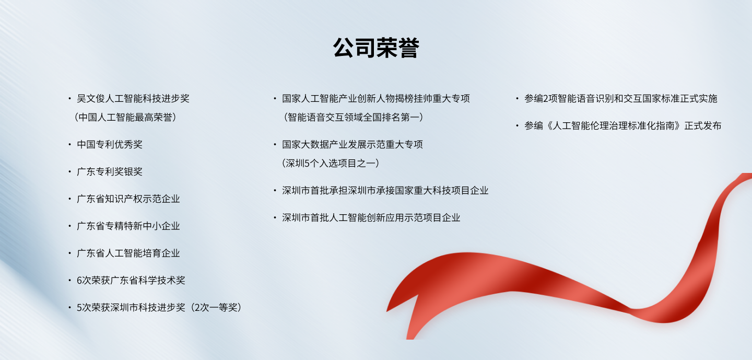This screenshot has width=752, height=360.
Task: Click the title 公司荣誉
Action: [376, 48]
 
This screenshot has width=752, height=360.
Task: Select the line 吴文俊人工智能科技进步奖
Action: [133, 98]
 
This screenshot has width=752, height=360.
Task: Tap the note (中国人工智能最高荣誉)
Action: [125, 117]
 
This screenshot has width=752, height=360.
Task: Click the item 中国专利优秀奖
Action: [110, 144]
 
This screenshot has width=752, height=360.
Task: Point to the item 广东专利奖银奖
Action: [110, 171]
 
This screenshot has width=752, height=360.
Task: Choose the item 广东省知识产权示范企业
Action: [128, 199]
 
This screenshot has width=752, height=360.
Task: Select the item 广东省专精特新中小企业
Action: [128, 226]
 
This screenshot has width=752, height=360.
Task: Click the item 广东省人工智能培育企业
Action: [128, 253]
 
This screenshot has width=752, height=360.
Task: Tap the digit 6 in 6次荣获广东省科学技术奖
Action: [79, 281]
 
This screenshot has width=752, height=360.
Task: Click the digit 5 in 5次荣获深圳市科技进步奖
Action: [79, 308]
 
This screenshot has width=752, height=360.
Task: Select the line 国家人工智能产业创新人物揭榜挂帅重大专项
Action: [376, 98]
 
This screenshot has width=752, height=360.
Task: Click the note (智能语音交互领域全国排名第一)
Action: [353, 117]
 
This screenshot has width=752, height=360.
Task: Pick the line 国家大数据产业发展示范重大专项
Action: [352, 144]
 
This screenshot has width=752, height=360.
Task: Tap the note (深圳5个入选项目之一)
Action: [331, 163]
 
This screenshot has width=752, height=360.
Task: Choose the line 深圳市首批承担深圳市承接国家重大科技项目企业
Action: [385, 190]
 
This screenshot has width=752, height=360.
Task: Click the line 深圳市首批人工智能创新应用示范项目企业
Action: [371, 217]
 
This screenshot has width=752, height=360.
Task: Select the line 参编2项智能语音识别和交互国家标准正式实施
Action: [621, 98]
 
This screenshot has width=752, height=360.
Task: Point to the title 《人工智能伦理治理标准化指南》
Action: [614, 125]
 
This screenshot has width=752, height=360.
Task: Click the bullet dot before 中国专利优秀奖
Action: [70, 144]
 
